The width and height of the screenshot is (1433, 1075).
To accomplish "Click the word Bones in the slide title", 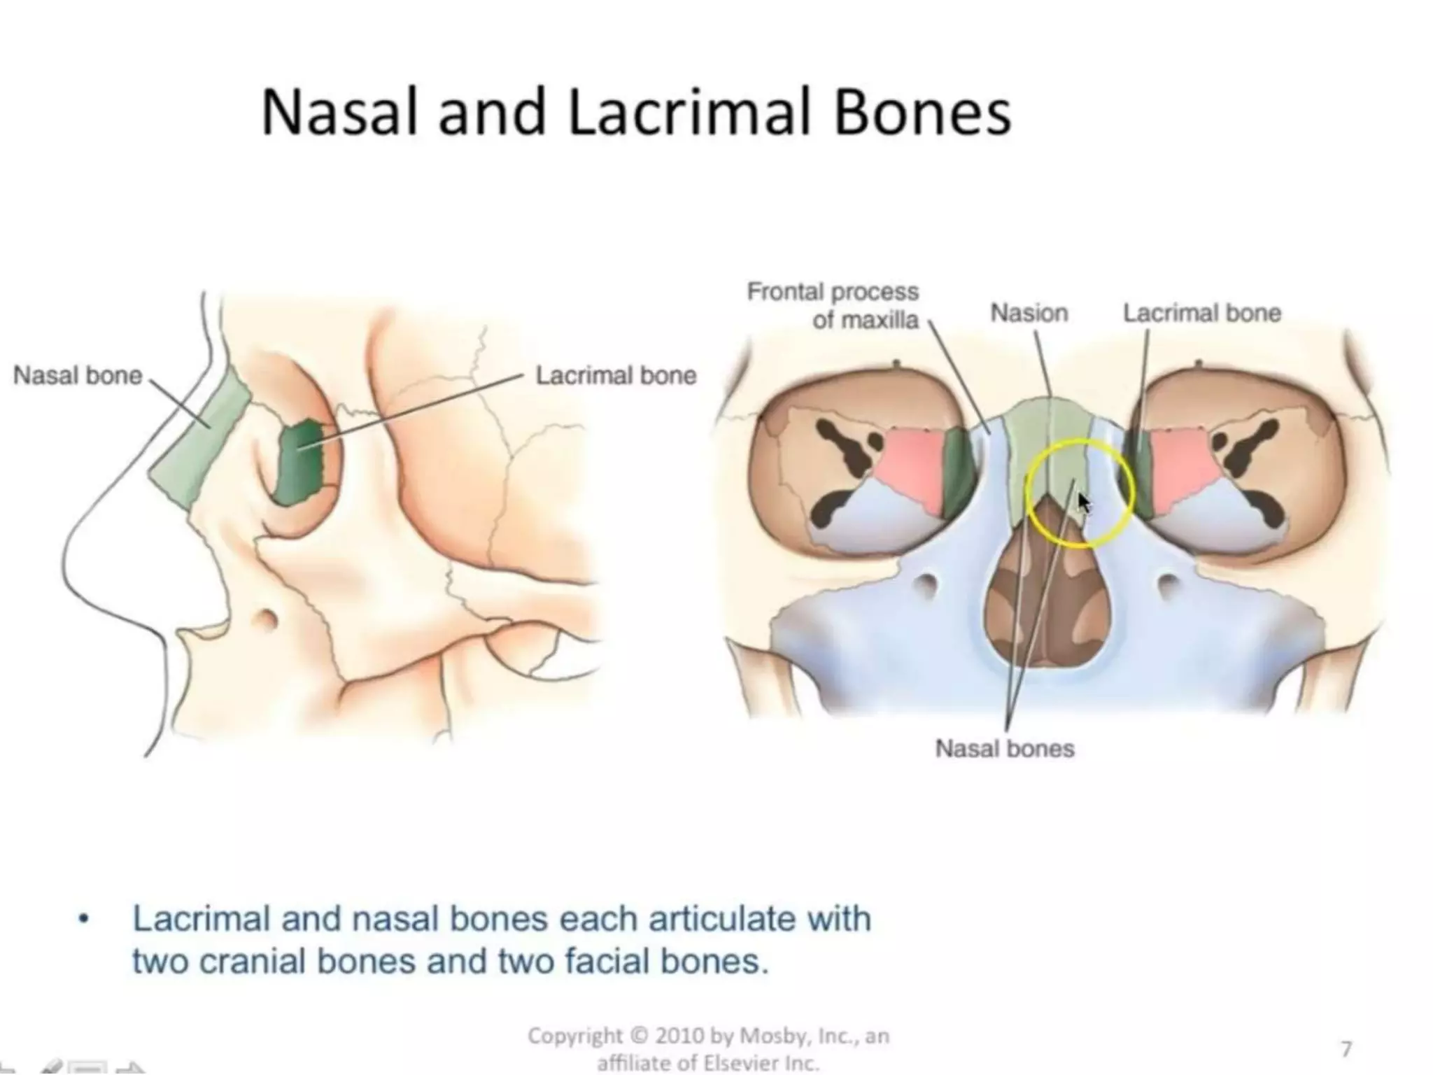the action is [922, 113].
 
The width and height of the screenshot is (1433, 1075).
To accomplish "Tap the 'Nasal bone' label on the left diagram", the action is [78, 376].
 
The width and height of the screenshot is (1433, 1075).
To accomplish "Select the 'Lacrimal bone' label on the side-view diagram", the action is [616, 376].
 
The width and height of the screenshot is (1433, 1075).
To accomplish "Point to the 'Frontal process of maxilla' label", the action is [833, 305].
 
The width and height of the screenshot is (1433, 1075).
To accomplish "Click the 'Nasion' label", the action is [1029, 313].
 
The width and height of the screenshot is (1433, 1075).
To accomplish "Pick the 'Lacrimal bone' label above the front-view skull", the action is [1201, 313].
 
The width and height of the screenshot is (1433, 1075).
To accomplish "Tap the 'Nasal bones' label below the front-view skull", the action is [1004, 749].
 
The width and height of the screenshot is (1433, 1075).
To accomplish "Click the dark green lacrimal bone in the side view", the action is [301, 462].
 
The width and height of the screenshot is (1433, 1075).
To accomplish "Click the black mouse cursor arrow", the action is [1084, 502].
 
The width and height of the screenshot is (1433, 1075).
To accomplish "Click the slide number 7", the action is [1346, 1048].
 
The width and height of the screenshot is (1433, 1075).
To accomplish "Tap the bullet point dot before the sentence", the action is [84, 920].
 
